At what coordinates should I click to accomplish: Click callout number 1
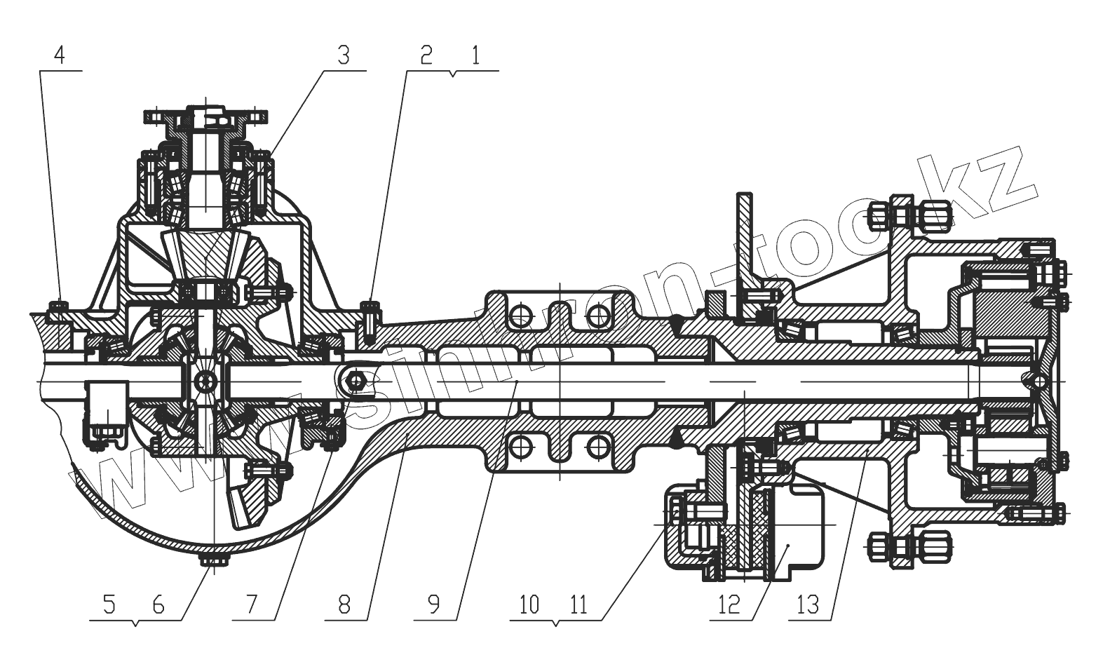pyautogui.click(x=476, y=56)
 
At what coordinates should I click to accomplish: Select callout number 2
pyautogui.click(x=426, y=56)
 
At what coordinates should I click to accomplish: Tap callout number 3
pyautogui.click(x=343, y=55)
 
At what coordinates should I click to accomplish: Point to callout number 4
pyautogui.click(x=60, y=55)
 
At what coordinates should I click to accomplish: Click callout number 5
pyautogui.click(x=109, y=604)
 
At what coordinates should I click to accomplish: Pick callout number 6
pyautogui.click(x=158, y=604)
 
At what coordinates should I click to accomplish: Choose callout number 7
pyautogui.click(x=251, y=604)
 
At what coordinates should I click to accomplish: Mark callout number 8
pyautogui.click(x=344, y=604)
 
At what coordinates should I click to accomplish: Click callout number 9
pyautogui.click(x=434, y=604)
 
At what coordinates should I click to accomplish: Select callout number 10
pyautogui.click(x=529, y=604)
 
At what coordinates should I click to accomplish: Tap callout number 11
pyautogui.click(x=578, y=604)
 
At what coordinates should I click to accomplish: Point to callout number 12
pyautogui.click(x=729, y=604)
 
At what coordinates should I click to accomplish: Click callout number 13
pyautogui.click(x=808, y=604)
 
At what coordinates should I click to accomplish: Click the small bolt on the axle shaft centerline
pyautogui.click(x=356, y=380)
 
